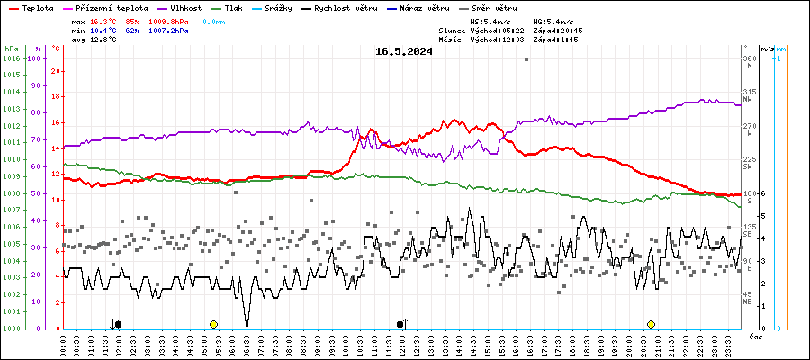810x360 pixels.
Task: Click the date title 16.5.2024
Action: pos(403,51)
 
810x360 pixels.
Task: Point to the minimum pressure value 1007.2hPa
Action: pos(168,31)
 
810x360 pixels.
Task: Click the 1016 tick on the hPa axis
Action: pos(11,58)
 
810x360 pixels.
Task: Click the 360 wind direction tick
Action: pos(749,58)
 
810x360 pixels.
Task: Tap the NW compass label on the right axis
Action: pos(749,99)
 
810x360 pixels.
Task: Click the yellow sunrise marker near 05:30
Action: pos(213,324)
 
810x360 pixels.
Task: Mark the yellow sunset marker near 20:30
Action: pos(651,324)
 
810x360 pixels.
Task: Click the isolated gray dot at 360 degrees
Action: pos(526,59)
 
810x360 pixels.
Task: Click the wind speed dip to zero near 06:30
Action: pos(247,326)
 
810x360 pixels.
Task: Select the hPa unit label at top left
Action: pos(11,48)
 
